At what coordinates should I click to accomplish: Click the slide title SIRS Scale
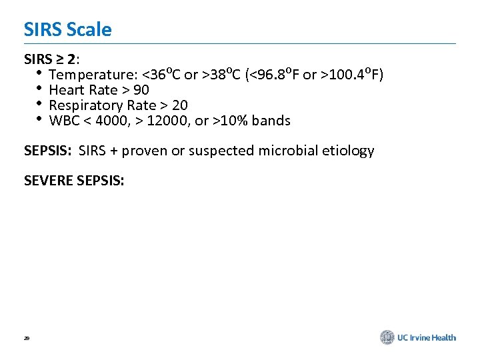[67, 29]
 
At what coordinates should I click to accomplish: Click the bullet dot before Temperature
[40, 73]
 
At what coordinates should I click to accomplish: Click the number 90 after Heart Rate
[141, 90]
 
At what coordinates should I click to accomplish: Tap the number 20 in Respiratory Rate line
[180, 105]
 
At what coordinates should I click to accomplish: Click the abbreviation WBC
[64, 121]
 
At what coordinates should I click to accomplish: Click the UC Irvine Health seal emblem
[387, 337]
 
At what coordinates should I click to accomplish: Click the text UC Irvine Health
[427, 337]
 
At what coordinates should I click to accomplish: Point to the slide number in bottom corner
[27, 339]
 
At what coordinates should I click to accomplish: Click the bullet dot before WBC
[40, 119]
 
